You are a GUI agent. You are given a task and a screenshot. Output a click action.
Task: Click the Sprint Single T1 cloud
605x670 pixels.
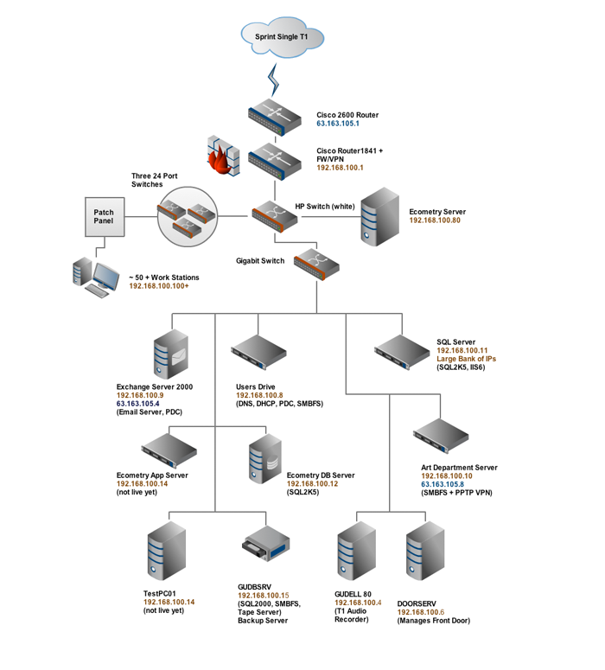[280, 37]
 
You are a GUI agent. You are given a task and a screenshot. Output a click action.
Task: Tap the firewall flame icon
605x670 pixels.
[222, 156]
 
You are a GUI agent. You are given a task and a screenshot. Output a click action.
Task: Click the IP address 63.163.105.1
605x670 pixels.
[338, 124]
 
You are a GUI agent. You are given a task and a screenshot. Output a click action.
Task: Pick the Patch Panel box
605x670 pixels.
[104, 217]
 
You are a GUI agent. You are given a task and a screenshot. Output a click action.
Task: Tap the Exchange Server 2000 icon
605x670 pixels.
[170, 354]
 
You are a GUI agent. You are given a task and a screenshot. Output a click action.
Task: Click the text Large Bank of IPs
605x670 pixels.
[467, 359]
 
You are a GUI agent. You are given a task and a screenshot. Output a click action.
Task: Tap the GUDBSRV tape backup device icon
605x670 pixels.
[264, 548]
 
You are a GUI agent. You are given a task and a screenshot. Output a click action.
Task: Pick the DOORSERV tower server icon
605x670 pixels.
[424, 553]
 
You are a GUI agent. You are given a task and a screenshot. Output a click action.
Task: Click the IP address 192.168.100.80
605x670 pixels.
[435, 220]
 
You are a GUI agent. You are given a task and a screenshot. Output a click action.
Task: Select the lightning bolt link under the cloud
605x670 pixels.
[276, 80]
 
